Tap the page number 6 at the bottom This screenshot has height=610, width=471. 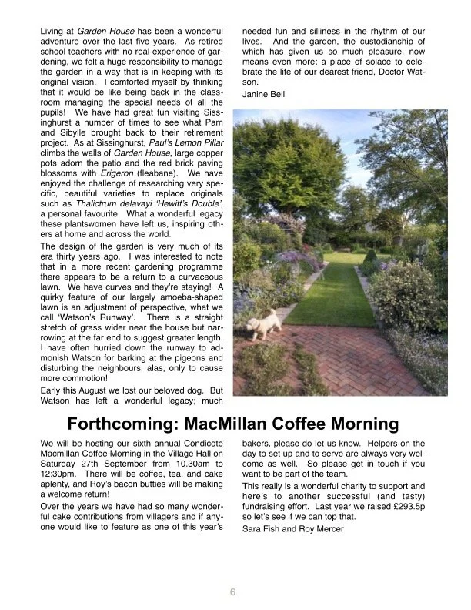232,592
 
